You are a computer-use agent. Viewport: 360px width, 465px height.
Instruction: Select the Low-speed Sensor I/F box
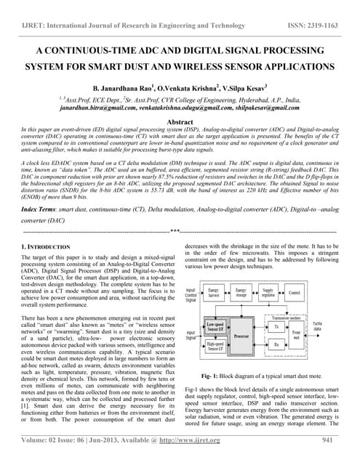[x=215, y=327]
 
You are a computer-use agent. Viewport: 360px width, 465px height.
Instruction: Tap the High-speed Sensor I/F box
[x=215, y=347]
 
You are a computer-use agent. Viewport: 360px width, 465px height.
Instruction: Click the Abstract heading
[x=180, y=123]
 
